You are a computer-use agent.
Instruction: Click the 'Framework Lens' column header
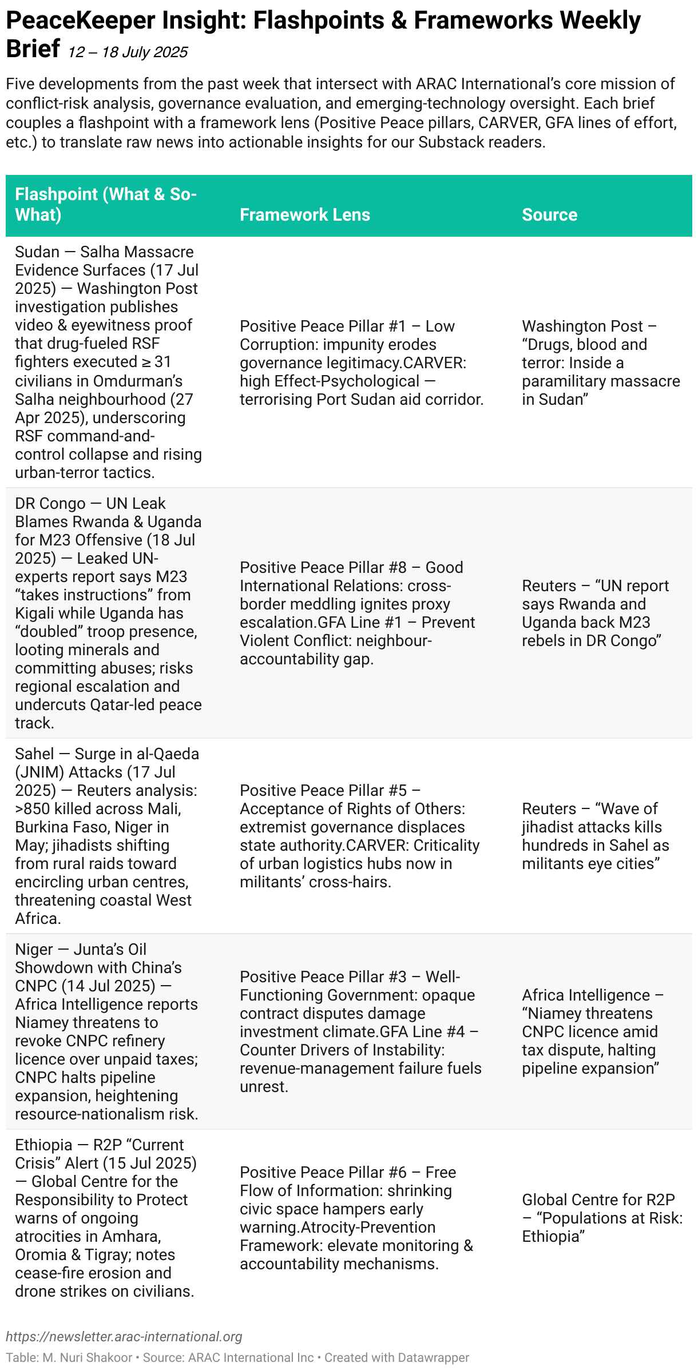[x=304, y=215]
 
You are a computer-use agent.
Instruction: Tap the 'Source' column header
[x=549, y=215]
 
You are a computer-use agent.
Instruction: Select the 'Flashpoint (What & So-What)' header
[x=106, y=205]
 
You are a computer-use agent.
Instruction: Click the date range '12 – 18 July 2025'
[x=128, y=53]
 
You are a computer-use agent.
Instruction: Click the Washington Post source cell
[x=601, y=362]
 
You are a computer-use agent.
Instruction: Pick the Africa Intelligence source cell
[x=592, y=1031]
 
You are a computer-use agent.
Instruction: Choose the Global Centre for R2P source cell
[x=602, y=1218]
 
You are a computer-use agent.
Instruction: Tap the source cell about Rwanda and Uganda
[x=595, y=613]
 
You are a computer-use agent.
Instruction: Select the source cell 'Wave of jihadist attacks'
[x=595, y=836]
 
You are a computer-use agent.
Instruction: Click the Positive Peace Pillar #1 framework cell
[x=362, y=362]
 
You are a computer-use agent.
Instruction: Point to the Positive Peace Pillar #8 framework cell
[x=358, y=613]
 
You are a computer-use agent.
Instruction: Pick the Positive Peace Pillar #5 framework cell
[x=359, y=836]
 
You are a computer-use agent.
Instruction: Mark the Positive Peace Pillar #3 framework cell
[x=360, y=1031]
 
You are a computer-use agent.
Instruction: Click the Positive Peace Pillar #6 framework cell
[x=356, y=1218]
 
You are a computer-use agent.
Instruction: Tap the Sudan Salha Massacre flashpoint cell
[x=108, y=362]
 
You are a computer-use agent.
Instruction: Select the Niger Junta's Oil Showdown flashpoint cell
[x=106, y=1031]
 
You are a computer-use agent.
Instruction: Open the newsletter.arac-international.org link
[x=124, y=1337]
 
